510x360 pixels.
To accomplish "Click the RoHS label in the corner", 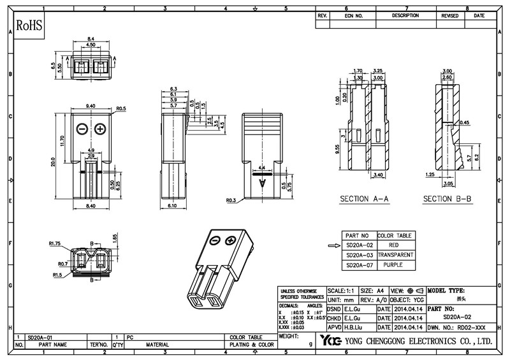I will [29, 26].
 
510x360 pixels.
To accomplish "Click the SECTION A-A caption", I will [364, 199].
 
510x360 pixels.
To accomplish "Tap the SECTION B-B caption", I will [448, 199].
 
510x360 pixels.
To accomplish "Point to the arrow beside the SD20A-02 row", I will [334, 245].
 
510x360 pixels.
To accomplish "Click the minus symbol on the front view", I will [82, 129].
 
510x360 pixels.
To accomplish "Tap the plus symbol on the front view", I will [100, 129].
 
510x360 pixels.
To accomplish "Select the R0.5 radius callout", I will [120, 109].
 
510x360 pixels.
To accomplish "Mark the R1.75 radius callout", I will [54, 243].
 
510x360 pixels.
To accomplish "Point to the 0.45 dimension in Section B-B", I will [464, 122].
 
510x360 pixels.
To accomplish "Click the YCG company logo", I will [331, 340].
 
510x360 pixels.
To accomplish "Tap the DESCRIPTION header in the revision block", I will [405, 15].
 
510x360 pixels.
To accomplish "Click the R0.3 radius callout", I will [231, 201].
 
